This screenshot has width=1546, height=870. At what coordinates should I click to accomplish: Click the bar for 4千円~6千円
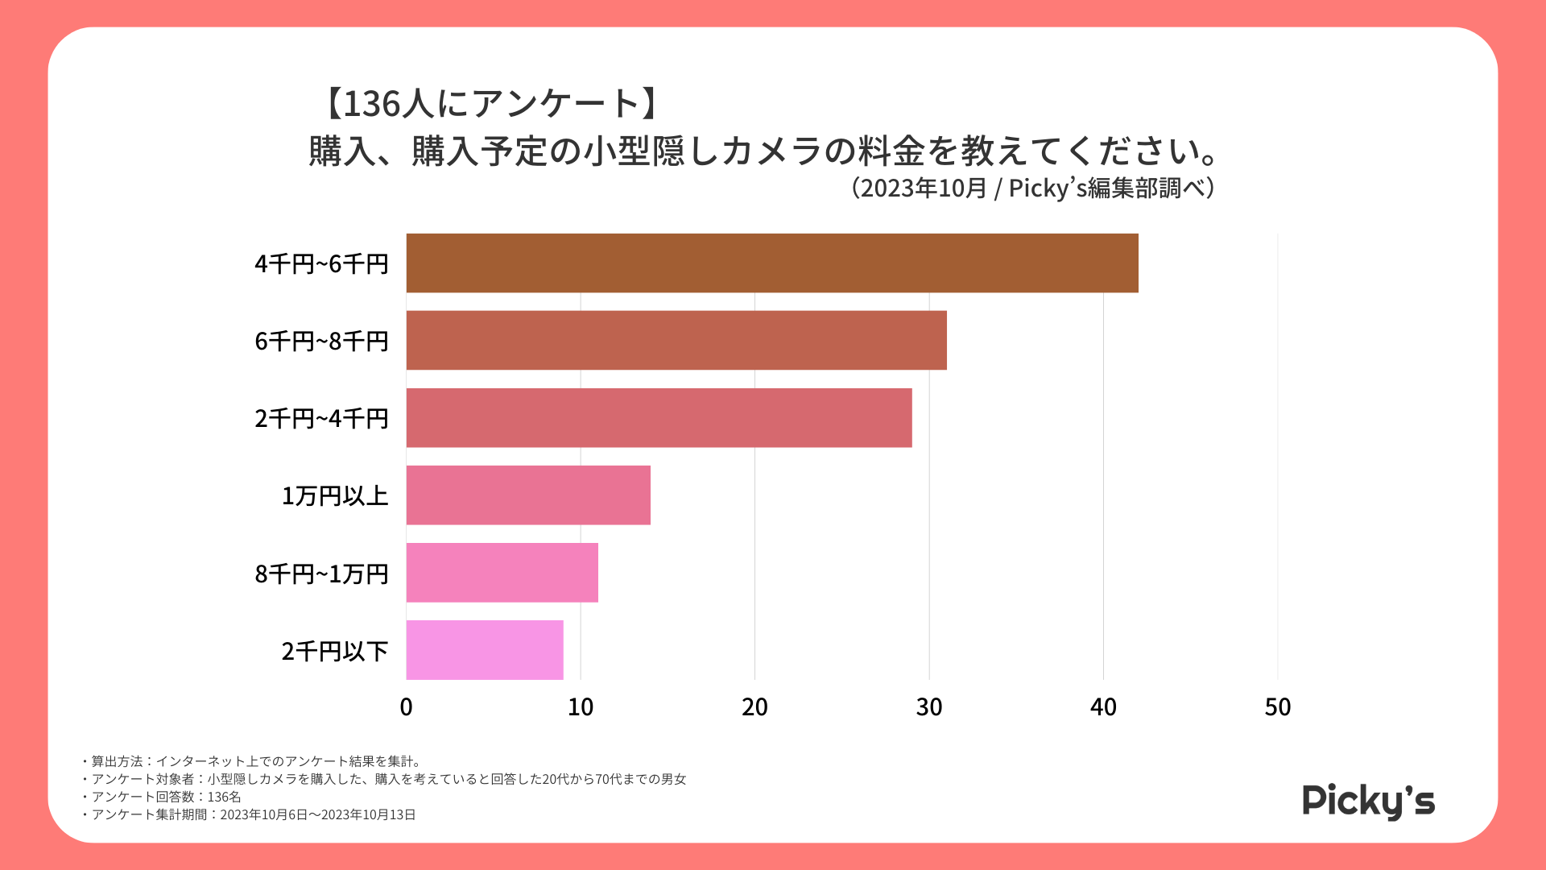pos(771,263)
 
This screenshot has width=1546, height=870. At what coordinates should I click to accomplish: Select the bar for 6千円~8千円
pos(676,341)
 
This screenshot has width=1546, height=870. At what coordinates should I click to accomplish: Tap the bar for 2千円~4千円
pos(659,418)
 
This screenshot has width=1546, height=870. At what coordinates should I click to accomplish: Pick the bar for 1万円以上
pos(528,495)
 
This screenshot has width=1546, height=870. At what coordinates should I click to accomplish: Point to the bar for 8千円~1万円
pos(502,573)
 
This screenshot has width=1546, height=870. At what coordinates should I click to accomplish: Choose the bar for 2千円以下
pos(485,650)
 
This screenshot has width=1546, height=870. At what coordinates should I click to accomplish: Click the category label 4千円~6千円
pos(321,264)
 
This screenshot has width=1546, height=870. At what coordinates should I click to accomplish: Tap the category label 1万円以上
pos(335,496)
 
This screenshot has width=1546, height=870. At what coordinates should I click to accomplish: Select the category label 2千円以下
pos(335,651)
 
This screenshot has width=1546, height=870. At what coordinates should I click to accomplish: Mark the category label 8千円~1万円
pos(321,574)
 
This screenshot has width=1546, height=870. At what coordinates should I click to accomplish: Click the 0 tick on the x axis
pos(406,707)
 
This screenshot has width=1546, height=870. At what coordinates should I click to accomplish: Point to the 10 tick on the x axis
pos(581,707)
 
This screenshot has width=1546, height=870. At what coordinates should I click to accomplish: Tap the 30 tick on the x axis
pos(929,707)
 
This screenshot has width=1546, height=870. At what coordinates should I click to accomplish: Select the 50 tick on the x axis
pos(1278,707)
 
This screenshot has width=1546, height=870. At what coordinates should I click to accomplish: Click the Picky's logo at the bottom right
pos(1368,801)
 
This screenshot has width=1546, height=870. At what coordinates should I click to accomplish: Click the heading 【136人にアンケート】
pos(492,103)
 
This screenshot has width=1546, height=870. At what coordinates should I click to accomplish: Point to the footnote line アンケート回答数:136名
pos(161,797)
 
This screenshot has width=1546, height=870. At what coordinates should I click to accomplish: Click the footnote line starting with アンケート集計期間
pos(249,814)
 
